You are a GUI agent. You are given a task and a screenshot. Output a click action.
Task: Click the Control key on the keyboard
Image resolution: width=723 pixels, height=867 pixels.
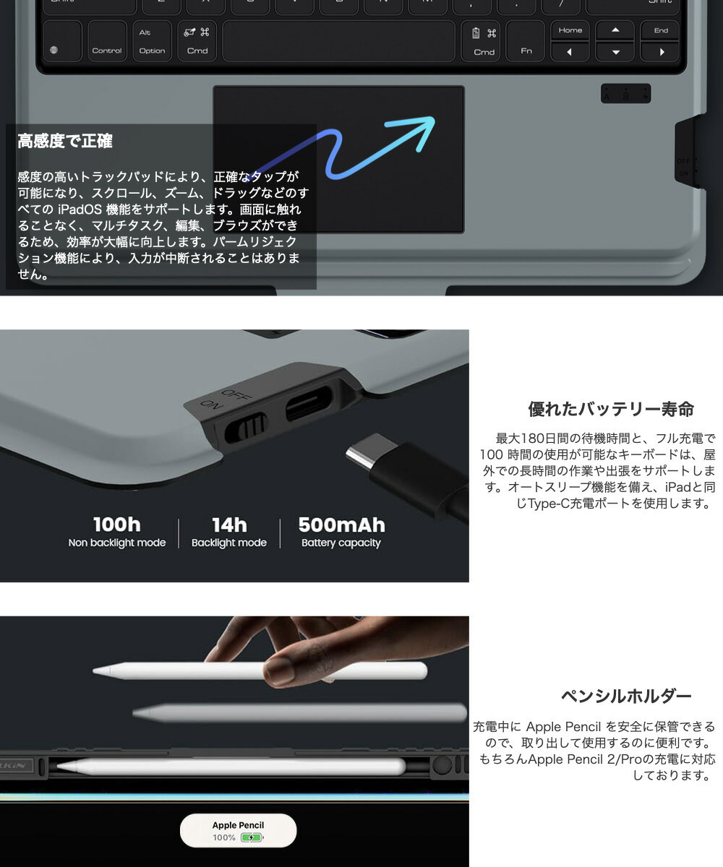click(106, 41)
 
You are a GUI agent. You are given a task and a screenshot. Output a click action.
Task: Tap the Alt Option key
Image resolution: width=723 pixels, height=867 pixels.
click(152, 41)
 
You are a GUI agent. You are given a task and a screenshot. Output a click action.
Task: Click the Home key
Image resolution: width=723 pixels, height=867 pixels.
click(570, 30)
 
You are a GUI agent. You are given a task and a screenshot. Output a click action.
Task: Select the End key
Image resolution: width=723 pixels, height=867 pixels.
click(661, 30)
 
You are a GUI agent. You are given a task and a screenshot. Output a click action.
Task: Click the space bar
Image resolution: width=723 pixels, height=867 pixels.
click(339, 41)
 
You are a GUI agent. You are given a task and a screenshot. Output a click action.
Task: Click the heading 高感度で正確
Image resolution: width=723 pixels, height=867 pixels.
click(65, 141)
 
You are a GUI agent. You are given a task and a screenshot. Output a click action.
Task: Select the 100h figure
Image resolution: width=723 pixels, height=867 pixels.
click(116, 525)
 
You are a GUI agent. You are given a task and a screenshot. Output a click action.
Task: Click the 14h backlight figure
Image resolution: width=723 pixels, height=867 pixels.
click(229, 525)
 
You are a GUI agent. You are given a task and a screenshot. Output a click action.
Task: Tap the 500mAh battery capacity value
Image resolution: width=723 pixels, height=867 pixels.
click(341, 525)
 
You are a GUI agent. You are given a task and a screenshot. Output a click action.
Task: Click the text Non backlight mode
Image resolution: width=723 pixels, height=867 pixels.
click(116, 543)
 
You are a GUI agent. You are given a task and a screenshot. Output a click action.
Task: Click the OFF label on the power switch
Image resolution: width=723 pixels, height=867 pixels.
click(233, 397)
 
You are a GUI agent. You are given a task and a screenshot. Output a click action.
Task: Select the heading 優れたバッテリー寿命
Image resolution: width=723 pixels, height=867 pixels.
click(611, 410)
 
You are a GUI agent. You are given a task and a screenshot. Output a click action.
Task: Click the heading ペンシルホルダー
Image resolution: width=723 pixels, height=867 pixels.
click(626, 696)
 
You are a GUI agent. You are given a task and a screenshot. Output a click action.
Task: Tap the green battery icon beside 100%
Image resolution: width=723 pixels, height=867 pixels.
click(250, 838)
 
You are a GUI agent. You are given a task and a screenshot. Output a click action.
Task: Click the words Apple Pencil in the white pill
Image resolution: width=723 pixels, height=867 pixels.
click(238, 825)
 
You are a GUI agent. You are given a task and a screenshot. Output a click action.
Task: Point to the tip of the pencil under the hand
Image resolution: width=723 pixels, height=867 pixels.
click(97, 671)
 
